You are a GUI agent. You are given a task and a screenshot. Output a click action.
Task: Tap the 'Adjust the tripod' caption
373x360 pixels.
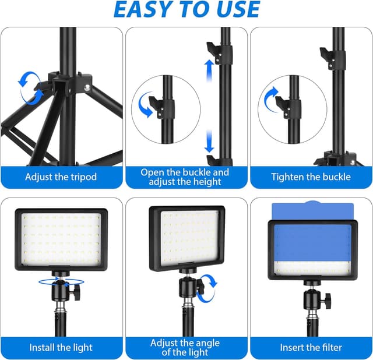click(61, 177)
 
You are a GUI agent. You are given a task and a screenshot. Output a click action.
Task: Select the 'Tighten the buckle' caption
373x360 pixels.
click(311, 177)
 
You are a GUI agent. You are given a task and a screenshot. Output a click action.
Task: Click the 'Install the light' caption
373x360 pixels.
click(61, 347)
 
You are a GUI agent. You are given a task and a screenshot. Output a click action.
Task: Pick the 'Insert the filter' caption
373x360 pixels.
click(311, 347)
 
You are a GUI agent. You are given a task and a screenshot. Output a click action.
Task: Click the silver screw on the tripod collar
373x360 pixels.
click(87, 87)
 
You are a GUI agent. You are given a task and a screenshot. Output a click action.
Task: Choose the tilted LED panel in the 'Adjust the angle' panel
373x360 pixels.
click(186, 238)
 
